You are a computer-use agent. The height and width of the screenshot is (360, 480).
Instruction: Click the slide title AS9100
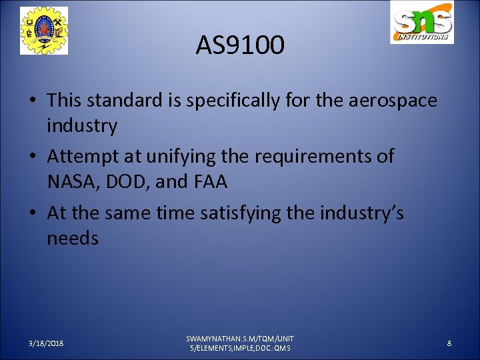click(240, 45)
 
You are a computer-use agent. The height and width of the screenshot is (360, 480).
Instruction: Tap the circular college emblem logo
click(44, 31)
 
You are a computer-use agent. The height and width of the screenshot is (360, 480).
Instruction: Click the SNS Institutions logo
click(422, 24)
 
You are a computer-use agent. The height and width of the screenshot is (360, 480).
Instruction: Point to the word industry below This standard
click(82, 125)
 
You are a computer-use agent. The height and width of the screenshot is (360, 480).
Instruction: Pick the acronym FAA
click(207, 181)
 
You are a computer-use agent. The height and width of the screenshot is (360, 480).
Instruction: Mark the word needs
click(73, 239)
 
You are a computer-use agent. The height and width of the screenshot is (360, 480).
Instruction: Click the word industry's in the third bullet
click(358, 214)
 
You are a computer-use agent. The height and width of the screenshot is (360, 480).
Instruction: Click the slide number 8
click(449, 343)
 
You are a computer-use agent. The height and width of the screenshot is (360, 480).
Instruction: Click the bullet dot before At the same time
click(34, 214)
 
